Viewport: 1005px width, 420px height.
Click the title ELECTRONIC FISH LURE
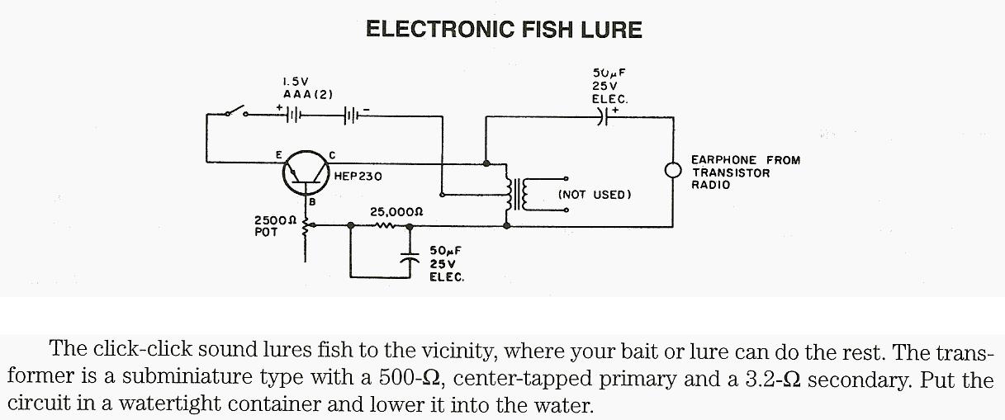tap(503, 31)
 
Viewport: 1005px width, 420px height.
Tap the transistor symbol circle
tap(306, 172)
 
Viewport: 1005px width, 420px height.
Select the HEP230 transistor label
tap(358, 177)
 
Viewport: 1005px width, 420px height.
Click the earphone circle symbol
tap(674, 171)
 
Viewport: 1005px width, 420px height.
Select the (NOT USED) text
tap(595, 195)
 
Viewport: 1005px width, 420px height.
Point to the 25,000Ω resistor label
tap(396, 211)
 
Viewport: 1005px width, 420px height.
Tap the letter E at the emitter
tap(279, 154)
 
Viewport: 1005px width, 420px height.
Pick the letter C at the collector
tap(332, 154)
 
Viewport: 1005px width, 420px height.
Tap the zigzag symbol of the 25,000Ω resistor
tap(386, 224)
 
